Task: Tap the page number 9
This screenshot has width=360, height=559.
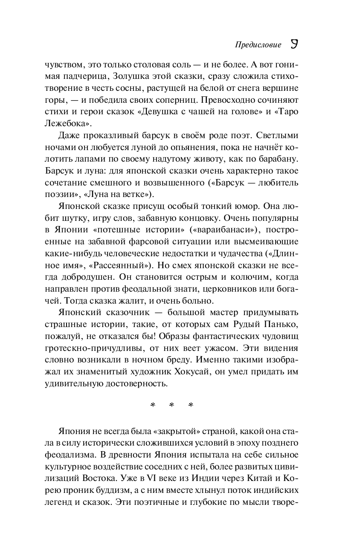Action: pyautogui.click(x=294, y=44)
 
